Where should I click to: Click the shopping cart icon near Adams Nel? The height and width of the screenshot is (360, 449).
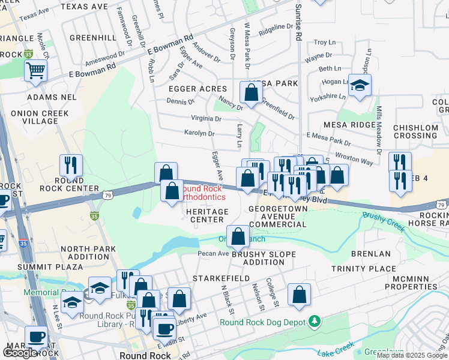click(x=35, y=70)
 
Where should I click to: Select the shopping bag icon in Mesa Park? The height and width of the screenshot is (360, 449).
click(x=251, y=92)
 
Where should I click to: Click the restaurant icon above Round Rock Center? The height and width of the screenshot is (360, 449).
click(x=71, y=165)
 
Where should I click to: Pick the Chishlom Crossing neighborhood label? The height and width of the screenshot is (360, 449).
click(x=416, y=131)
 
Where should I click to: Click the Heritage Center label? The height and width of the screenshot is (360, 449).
click(x=207, y=215)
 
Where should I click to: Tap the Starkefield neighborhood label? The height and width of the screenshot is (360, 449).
click(x=217, y=279)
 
